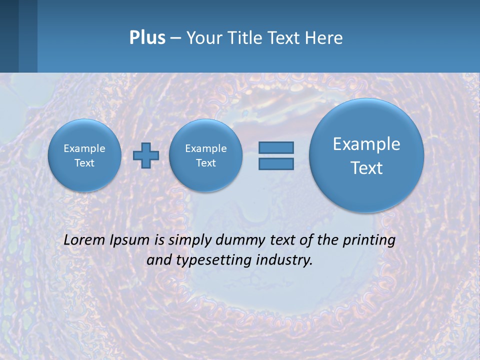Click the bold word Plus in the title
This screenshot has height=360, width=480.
coord(147,37)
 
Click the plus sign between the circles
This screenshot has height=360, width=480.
coord(145,155)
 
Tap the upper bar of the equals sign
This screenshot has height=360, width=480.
coord(276,147)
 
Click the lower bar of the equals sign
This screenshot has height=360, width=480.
coord(276,163)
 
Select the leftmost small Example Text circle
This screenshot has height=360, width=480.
coord(84,155)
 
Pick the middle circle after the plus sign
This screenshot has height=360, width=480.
coord(205,155)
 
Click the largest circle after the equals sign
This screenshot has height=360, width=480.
coord(366,155)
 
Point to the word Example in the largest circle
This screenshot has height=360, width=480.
coord(366,144)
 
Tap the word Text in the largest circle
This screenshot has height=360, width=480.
coord(366,168)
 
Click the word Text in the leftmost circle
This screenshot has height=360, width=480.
coord(84,163)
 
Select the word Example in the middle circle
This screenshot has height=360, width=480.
coord(205,148)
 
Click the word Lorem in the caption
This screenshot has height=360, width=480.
coord(84,240)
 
